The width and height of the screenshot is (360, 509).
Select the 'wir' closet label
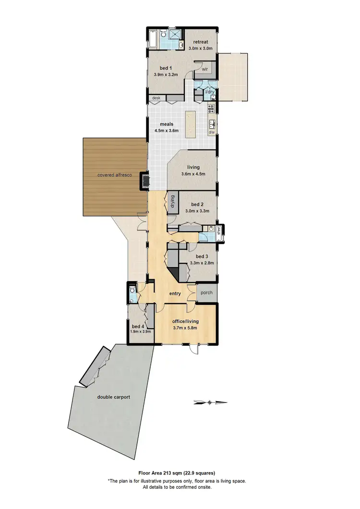204,69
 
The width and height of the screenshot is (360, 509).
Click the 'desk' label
156,98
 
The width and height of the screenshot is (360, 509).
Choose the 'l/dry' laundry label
210,91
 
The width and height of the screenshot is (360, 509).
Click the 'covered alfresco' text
115,175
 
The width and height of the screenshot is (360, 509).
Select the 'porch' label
206,293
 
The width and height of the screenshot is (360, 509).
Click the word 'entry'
175,294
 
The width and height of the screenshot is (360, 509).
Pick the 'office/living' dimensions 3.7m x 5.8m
185,328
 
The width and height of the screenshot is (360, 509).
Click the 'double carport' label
113,397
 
